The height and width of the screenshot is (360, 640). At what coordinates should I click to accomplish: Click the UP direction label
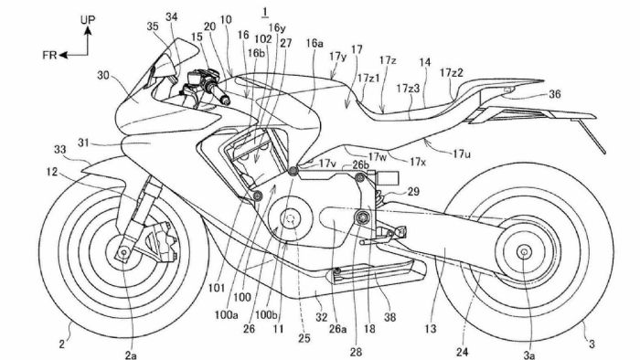coord(88,17)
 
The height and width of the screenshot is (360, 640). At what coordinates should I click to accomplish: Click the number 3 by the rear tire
coord(592,344)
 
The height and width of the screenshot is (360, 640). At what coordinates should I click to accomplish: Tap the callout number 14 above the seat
coord(424,62)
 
